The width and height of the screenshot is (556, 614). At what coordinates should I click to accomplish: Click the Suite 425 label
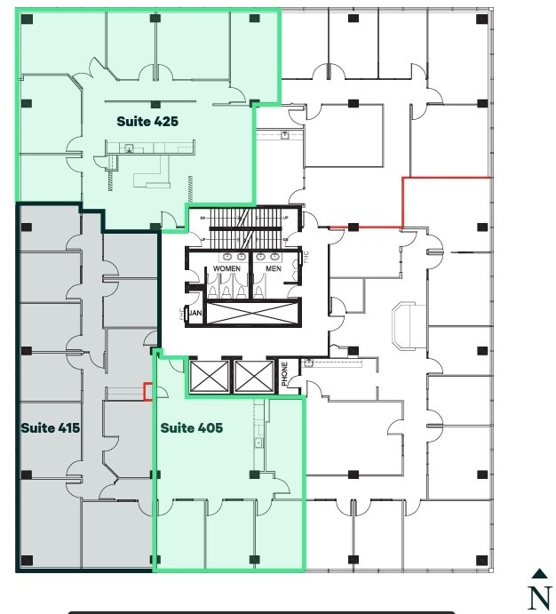click(147, 122)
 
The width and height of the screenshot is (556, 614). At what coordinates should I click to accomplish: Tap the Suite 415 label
click(51, 427)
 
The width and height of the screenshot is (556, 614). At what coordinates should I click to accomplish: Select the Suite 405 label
click(191, 427)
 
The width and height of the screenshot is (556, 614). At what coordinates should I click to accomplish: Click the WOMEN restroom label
click(226, 268)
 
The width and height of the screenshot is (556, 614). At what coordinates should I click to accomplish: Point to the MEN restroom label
click(274, 268)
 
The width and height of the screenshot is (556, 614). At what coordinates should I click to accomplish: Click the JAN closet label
click(195, 313)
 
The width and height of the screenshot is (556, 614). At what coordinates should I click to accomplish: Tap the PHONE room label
click(285, 372)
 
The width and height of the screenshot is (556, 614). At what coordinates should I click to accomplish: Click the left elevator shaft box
click(210, 376)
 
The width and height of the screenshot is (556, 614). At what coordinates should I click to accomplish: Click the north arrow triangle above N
click(539, 574)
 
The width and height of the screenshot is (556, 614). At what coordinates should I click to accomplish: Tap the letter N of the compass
click(539, 597)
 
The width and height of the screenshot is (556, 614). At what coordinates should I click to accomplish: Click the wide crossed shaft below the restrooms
click(253, 313)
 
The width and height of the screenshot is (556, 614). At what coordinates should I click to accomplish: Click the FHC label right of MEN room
click(305, 257)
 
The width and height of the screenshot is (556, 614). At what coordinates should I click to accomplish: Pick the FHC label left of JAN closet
click(180, 313)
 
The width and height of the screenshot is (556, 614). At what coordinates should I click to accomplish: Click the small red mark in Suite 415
click(148, 391)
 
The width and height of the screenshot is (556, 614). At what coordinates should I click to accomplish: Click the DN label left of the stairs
click(203, 218)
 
